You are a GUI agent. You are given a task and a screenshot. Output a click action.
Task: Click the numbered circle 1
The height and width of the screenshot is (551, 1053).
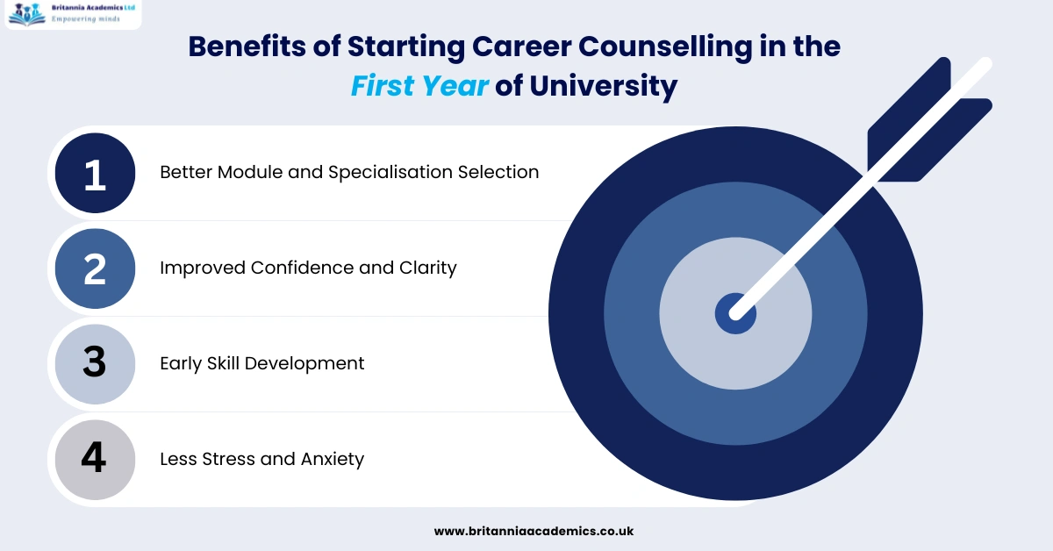(x=95, y=173)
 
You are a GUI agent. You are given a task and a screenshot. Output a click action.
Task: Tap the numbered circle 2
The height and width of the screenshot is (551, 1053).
(x=95, y=268)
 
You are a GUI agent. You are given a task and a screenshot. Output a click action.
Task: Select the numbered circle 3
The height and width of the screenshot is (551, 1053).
(x=95, y=363)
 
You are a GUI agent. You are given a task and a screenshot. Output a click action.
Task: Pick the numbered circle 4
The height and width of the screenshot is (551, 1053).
(x=95, y=459)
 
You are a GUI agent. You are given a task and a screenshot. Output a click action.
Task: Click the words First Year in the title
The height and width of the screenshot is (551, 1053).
(x=419, y=86)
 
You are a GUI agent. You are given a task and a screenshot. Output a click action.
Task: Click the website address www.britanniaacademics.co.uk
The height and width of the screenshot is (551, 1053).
(x=534, y=531)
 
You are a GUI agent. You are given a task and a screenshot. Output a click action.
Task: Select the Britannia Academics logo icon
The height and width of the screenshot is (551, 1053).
(x=25, y=13)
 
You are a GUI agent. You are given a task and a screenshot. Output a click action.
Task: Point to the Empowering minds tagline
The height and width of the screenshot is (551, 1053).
(x=84, y=18)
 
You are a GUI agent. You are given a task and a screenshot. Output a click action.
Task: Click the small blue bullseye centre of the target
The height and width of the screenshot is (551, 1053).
(x=735, y=313)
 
